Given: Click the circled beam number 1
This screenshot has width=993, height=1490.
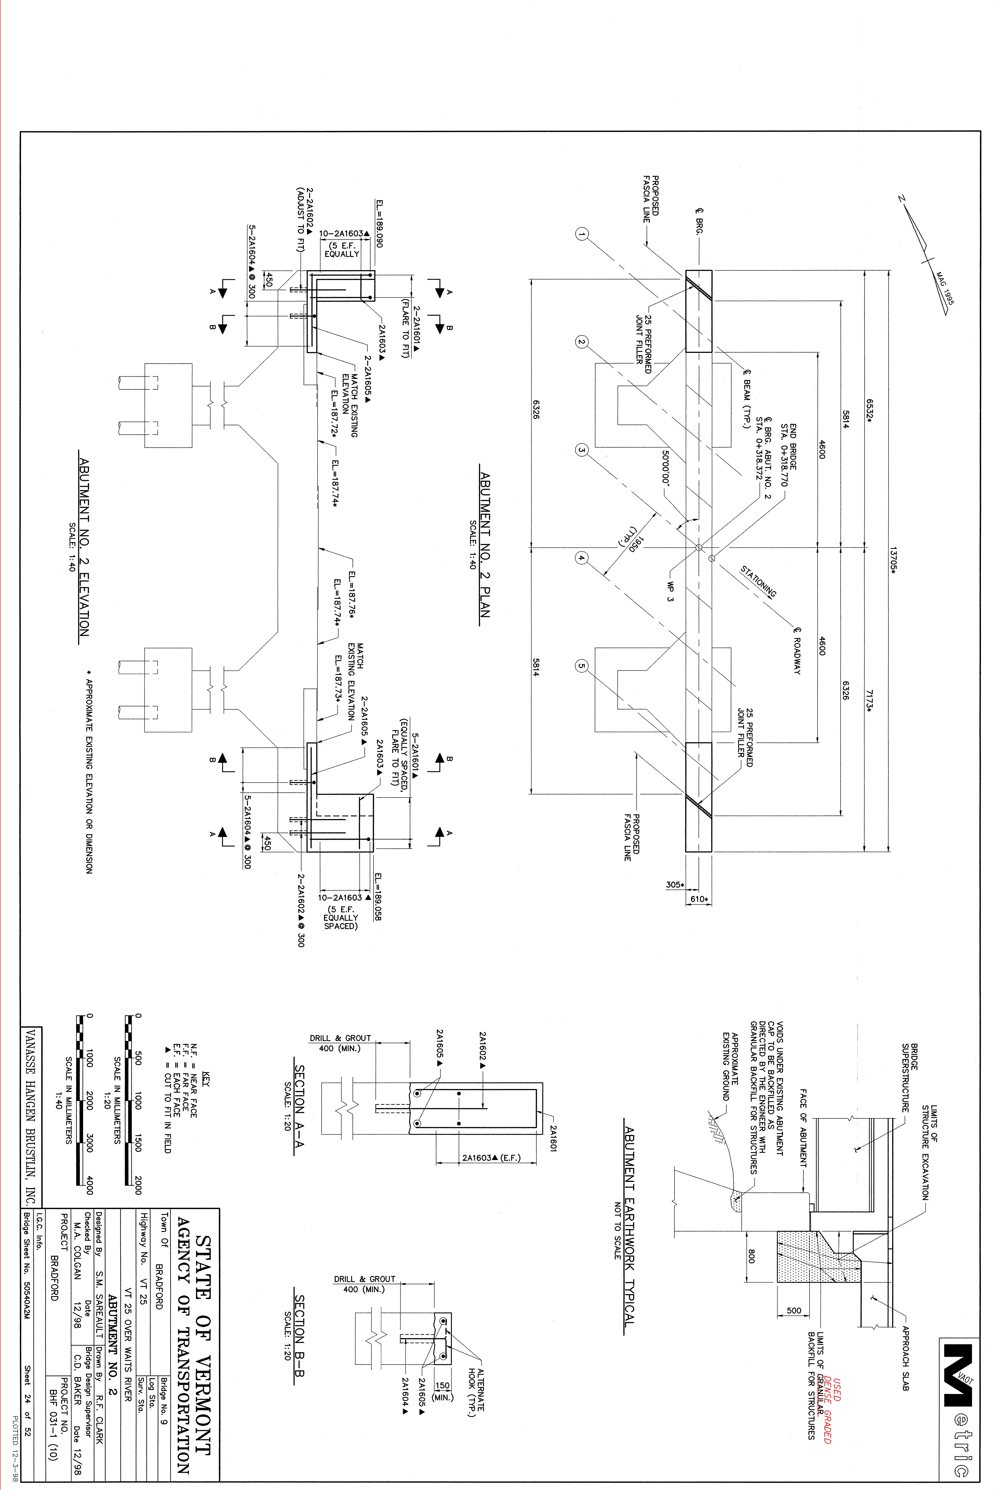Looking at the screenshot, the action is [582, 234].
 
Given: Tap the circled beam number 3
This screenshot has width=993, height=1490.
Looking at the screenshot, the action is [582, 450].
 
